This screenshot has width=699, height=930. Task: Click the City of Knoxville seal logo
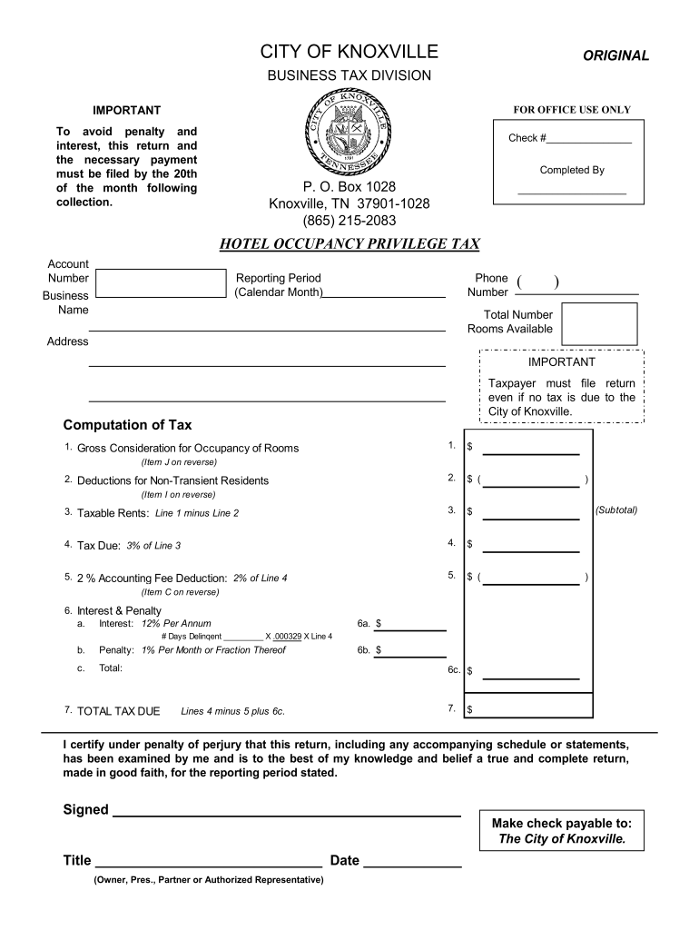(349, 135)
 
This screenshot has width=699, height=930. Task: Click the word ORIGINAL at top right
(615, 55)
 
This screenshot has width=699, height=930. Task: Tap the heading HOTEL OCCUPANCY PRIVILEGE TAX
(349, 244)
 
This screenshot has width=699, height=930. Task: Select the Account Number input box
(160, 282)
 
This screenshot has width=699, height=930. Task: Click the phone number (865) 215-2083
(349, 221)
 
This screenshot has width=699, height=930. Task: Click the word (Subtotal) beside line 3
(616, 510)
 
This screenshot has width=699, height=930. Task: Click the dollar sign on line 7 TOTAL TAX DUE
(470, 710)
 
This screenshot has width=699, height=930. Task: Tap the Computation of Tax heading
(127, 425)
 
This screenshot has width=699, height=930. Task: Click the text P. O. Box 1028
(349, 186)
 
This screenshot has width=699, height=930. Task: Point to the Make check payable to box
(561, 830)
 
